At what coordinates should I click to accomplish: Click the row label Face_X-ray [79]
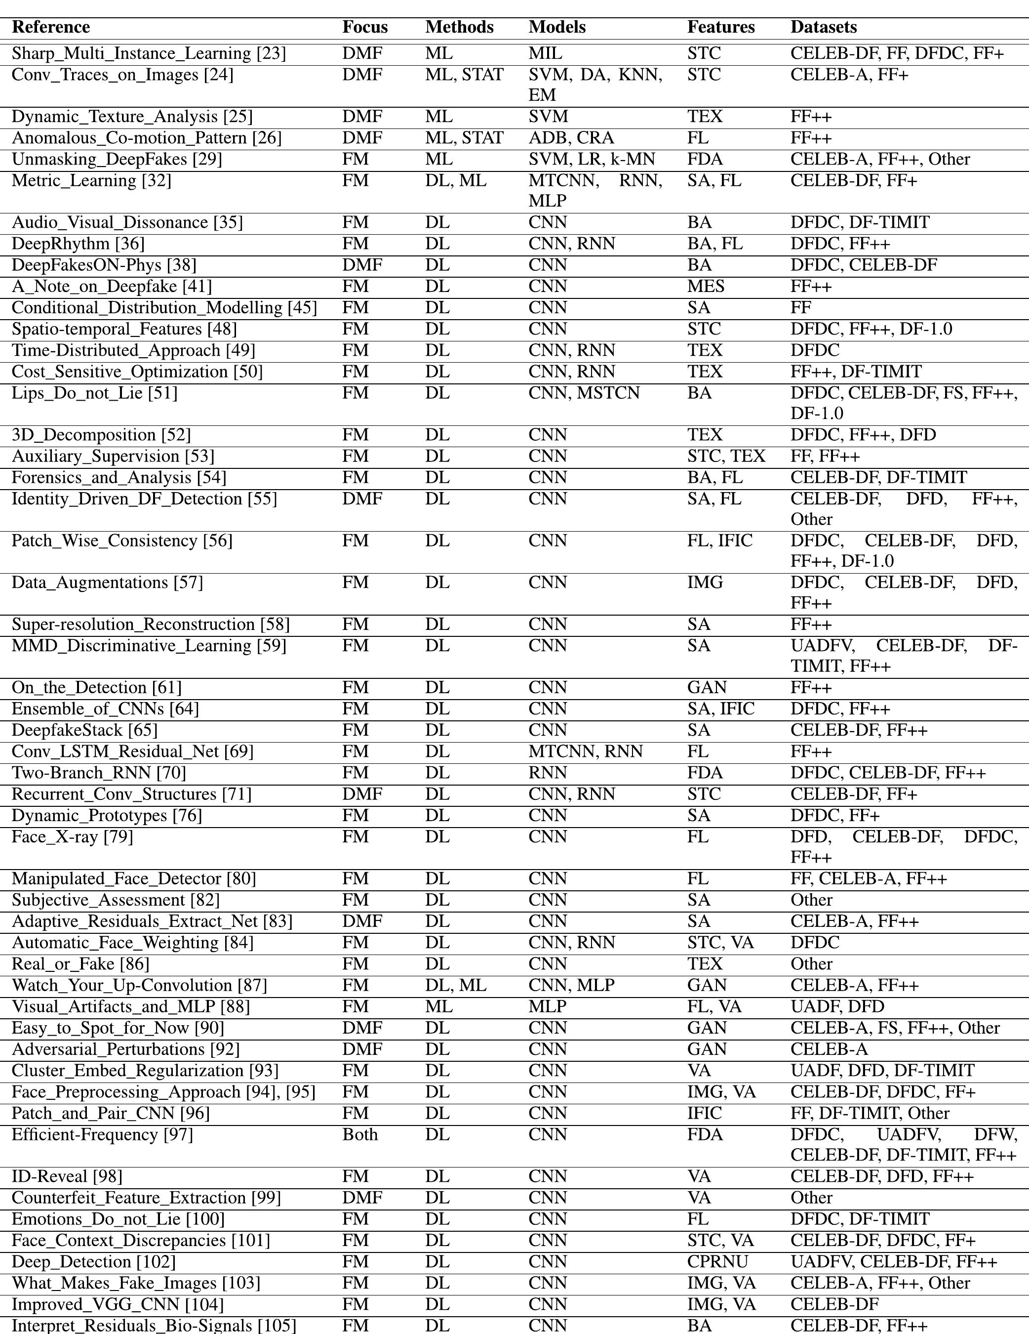click(x=72, y=837)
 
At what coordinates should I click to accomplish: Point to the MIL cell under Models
click(x=545, y=54)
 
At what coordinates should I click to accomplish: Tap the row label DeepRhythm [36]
click(x=78, y=244)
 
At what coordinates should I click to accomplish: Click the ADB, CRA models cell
click(x=571, y=138)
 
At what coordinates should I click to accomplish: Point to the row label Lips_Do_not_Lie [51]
click(x=95, y=393)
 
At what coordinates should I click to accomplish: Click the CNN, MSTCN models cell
click(x=584, y=393)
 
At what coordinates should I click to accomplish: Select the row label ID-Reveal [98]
click(x=67, y=1177)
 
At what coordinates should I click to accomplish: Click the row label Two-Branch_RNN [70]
click(x=99, y=773)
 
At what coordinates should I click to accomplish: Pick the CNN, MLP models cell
click(x=571, y=986)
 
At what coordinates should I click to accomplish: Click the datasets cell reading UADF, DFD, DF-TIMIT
click(x=882, y=1071)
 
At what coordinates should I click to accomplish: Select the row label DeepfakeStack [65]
click(x=84, y=731)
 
